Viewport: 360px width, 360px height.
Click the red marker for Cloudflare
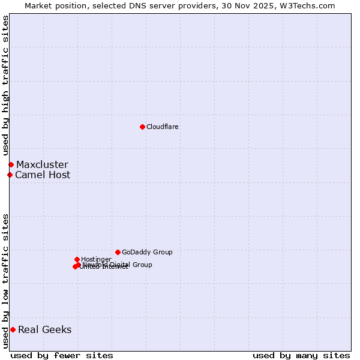(x=142, y=127)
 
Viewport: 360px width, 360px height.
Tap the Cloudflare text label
(x=162, y=127)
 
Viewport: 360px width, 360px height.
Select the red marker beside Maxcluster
(x=11, y=164)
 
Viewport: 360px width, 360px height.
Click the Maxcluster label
(x=42, y=165)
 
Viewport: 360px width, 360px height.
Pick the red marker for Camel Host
(x=10, y=175)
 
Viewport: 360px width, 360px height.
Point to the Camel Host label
(x=43, y=175)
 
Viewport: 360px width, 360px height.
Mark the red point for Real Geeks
(x=13, y=329)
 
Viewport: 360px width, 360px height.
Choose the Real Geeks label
(x=45, y=329)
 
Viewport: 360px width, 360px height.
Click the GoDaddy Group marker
(x=118, y=252)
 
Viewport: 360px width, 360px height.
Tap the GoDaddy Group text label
(x=147, y=253)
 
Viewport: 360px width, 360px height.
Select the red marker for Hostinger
(x=77, y=259)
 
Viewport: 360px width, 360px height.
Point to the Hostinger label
(x=96, y=260)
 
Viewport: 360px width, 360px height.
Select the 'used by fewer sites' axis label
(x=62, y=355)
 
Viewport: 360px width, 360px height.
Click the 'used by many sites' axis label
(x=301, y=355)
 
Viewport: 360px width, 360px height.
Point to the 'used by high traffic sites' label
(x=5, y=85)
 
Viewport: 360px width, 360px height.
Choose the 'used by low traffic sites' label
(x=5, y=280)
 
